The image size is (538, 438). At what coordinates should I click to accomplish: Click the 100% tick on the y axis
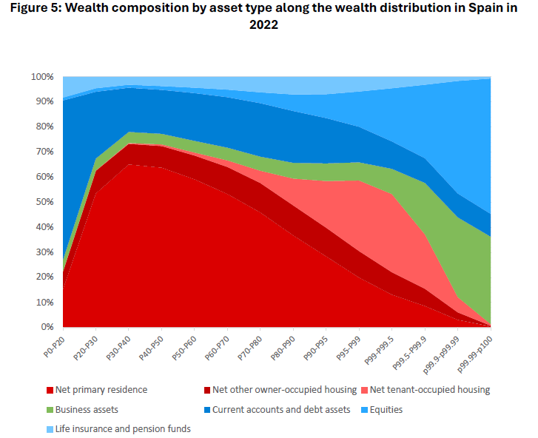coord(42,76)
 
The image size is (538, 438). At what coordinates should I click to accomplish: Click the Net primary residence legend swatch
coord(50,389)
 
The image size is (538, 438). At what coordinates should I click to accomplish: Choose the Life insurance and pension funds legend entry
coord(123,428)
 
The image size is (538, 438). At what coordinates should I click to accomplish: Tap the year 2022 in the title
coord(264,25)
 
